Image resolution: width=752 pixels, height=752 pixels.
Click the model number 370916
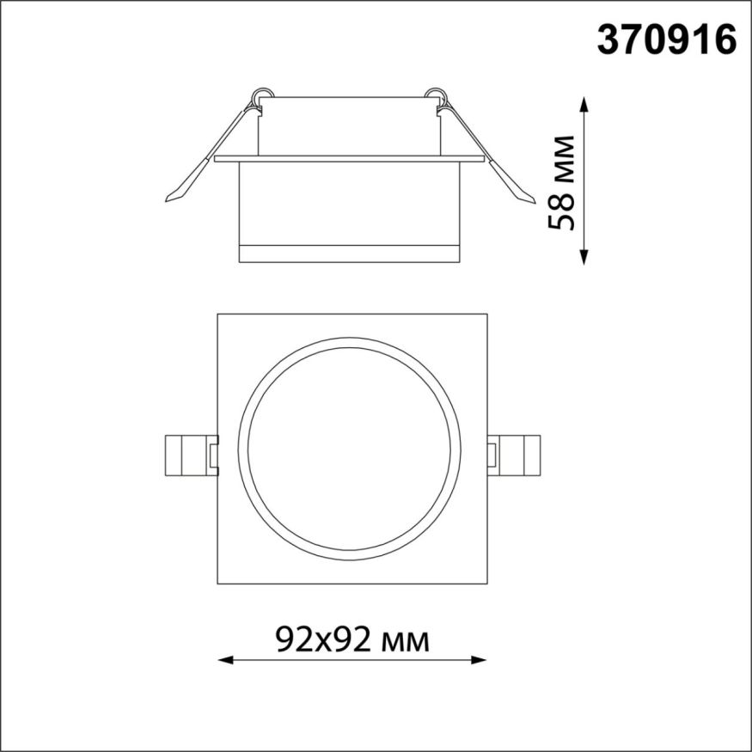click(x=667, y=40)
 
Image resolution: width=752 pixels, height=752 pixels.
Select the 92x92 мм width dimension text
click(x=352, y=638)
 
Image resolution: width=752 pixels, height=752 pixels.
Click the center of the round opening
click(x=353, y=450)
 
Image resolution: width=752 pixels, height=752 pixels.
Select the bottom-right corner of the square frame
click(x=487, y=584)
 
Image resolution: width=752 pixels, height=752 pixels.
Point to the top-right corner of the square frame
click(x=487, y=315)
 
